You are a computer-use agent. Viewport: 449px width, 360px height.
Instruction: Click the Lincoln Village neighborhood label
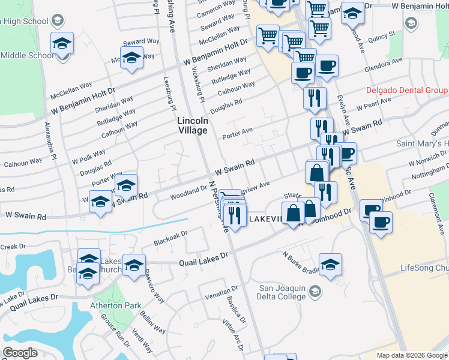[x=193, y=125]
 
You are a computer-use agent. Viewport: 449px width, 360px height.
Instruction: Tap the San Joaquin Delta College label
[x=283, y=292]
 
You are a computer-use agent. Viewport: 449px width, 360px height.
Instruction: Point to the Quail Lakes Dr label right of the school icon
[x=204, y=257]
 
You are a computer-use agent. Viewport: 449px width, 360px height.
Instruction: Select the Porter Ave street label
[x=238, y=132]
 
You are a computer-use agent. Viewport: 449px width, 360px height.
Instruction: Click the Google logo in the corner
[x=20, y=353]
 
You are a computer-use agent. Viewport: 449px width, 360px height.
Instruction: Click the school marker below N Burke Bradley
[x=331, y=263]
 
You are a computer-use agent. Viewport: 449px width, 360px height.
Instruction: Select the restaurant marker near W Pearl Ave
[x=315, y=97]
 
